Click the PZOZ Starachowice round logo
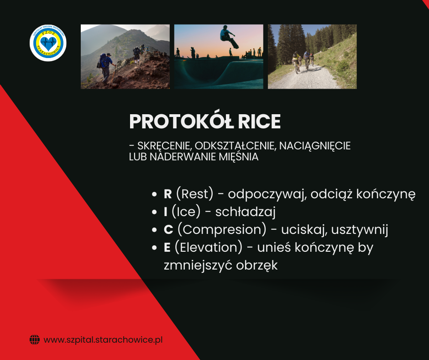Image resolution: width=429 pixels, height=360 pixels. (48, 43)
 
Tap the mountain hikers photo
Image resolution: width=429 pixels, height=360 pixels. (126, 57)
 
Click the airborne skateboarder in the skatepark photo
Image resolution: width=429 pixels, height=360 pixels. (229, 37)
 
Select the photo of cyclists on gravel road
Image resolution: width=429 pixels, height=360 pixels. (312, 57)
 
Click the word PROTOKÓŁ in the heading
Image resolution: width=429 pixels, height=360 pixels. (181, 122)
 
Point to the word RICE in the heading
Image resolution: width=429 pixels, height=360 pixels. (259, 122)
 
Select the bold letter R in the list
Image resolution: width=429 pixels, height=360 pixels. (167, 194)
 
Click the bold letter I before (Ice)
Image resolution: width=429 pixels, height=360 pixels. (166, 212)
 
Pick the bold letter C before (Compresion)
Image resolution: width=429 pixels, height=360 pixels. (168, 230)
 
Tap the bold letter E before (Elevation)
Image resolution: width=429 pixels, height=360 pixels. (167, 248)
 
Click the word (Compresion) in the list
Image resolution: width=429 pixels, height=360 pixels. (222, 230)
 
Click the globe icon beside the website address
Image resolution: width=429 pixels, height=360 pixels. (35, 340)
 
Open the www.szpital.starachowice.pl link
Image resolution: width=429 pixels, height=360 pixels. (103, 340)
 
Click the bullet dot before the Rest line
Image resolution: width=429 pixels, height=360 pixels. (154, 194)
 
